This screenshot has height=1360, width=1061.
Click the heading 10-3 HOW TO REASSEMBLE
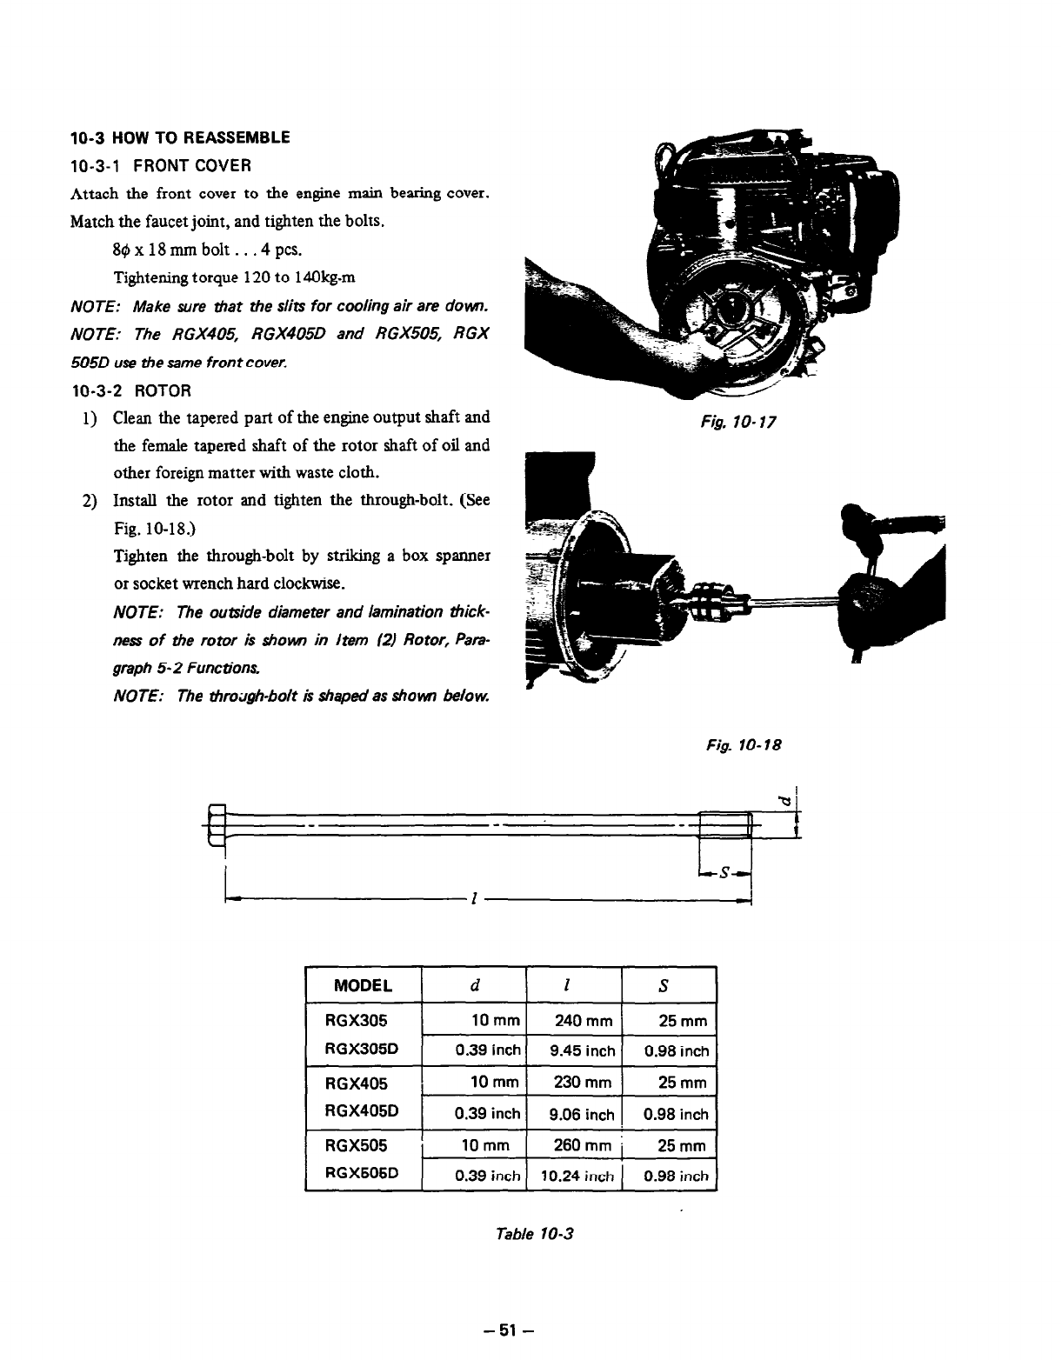(x=179, y=137)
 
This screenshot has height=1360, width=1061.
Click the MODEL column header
(x=363, y=985)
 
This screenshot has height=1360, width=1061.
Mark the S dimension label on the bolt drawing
(x=724, y=874)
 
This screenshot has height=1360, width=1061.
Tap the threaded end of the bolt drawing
(x=724, y=823)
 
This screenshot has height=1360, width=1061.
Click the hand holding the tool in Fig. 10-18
(x=870, y=600)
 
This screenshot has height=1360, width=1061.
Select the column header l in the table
(x=566, y=985)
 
